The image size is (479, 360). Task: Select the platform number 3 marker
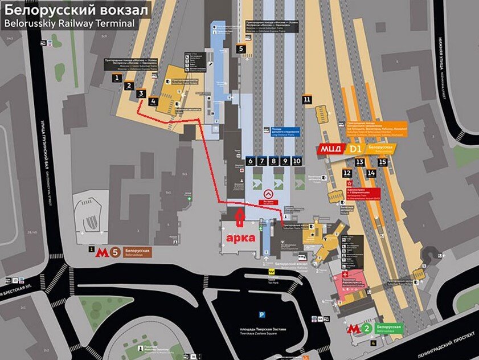(x=141, y=93)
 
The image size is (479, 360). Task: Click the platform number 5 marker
(x=241, y=49)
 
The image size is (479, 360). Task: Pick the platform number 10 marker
(x=297, y=161)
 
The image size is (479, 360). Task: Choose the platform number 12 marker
(x=347, y=173)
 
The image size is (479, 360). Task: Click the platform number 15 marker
(x=383, y=162)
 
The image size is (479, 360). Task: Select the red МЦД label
(x=330, y=150)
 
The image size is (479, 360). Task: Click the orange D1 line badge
(x=355, y=150)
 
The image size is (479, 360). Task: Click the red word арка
(x=240, y=238)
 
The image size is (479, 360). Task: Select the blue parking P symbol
(x=262, y=314)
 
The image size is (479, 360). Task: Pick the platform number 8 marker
(x=273, y=161)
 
